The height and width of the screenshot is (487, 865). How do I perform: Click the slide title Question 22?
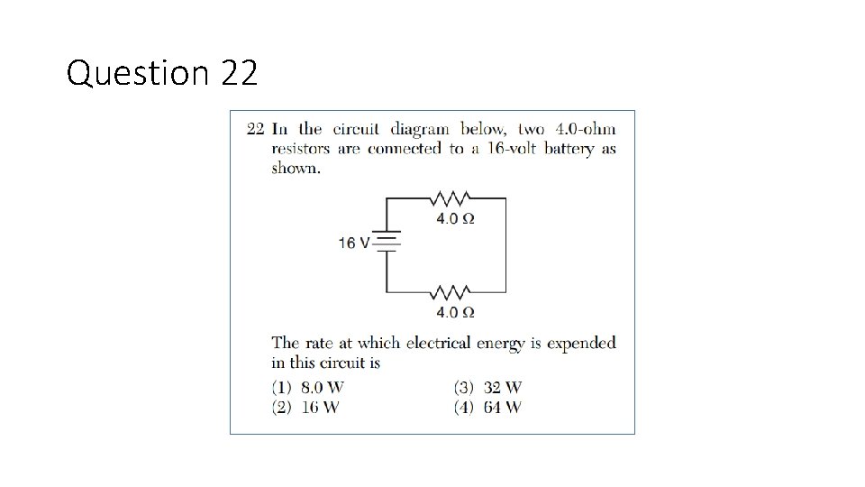[x=162, y=72]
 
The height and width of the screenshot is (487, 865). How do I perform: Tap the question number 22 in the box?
[x=255, y=128]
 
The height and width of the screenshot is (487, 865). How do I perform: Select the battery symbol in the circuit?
[x=387, y=242]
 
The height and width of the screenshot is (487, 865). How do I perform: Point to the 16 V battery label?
[x=354, y=243]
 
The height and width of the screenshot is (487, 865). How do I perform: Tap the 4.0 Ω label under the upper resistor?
[x=455, y=219]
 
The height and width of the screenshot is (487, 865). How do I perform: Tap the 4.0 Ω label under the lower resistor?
[x=455, y=313]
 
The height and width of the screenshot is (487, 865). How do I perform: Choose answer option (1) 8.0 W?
[x=308, y=388]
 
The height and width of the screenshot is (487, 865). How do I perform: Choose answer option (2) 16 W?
[x=305, y=407]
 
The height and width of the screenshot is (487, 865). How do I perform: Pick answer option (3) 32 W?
[x=488, y=388]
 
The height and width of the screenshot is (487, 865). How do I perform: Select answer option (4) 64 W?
[x=488, y=407]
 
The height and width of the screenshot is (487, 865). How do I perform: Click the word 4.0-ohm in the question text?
[x=585, y=128]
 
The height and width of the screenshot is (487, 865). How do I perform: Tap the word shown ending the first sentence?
[x=295, y=169]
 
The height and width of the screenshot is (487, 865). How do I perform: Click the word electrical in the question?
[x=440, y=343]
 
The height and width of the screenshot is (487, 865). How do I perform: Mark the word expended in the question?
[x=581, y=344]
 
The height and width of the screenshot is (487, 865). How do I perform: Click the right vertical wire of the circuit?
[x=505, y=245]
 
